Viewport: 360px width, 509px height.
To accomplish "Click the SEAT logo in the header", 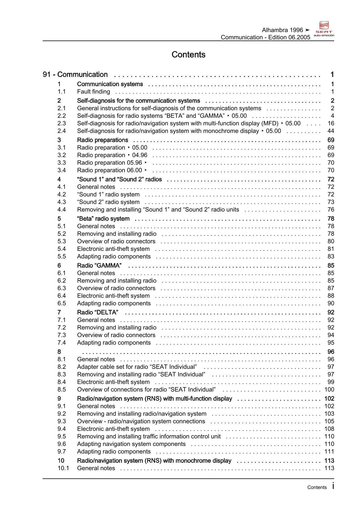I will click(324, 28).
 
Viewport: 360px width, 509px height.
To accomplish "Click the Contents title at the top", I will click(188, 55).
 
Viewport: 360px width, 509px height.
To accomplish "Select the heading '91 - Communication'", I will click(75, 75).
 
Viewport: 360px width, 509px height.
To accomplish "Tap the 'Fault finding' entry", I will click(93, 92).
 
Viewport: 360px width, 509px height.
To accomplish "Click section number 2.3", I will click(62, 123).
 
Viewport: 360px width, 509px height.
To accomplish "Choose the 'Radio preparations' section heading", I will click(102, 140).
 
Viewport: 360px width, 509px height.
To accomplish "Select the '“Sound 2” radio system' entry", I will click(108, 202).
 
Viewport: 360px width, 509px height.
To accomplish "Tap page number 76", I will click(331, 210).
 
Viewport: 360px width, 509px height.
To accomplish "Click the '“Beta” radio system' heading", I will click(103, 219).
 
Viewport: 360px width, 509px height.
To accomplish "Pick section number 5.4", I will click(62, 249).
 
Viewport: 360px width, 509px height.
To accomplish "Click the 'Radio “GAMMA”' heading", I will click(99, 266).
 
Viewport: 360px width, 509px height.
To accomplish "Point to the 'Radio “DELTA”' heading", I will click(98, 312).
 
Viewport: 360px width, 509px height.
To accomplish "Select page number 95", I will click(331, 343).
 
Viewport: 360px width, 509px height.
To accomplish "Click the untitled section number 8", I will click(59, 352).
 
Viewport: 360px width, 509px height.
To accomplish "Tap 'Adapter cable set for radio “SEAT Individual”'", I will click(137, 367).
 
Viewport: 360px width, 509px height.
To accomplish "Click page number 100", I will click(329, 389).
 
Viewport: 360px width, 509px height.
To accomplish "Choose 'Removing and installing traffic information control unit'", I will click(149, 436).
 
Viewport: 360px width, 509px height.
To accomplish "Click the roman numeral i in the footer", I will click(333, 486).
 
